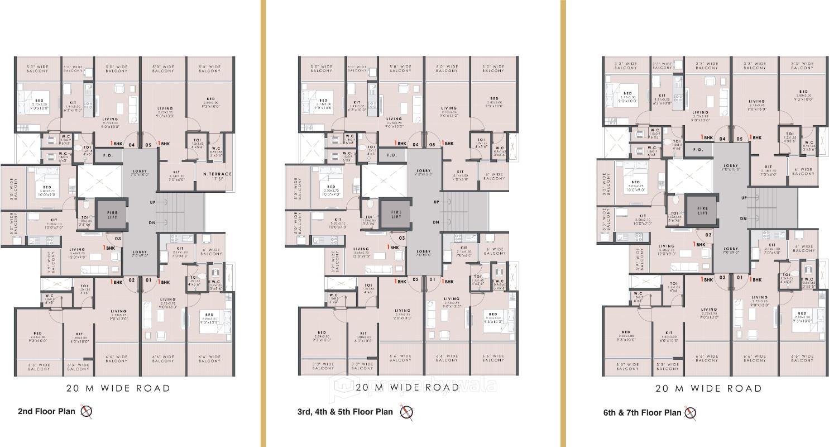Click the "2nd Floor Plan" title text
46,412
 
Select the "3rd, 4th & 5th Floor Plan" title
345,412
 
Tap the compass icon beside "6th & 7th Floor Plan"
691,413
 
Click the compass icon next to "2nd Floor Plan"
86,412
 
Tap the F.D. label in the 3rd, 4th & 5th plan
392,155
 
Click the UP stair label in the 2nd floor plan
152,202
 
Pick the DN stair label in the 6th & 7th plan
743,218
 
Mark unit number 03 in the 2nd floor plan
118,239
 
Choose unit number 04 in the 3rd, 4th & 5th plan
415,145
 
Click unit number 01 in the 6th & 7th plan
739,277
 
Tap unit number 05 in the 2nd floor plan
148,145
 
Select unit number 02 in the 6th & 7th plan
722,277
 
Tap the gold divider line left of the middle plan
263,223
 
